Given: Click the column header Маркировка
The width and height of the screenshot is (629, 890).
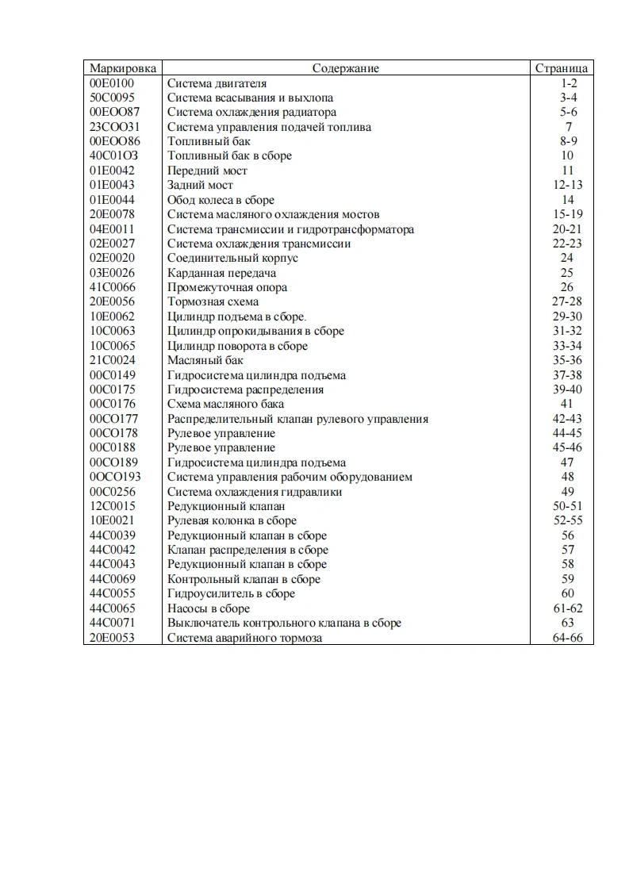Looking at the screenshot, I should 123,68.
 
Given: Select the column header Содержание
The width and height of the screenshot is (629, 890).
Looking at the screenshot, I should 346,68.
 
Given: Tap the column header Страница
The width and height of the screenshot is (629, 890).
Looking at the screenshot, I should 562,68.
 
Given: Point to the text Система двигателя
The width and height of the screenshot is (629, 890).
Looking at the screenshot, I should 217,83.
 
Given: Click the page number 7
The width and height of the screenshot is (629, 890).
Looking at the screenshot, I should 569,127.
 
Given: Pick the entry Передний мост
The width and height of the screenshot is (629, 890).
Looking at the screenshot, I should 207,171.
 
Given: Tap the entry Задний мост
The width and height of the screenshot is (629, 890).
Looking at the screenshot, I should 200,185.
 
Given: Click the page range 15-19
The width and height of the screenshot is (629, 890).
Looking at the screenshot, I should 568,214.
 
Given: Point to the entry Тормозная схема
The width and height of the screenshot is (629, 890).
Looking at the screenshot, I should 213,301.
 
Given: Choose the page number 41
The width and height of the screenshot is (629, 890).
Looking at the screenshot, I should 568,404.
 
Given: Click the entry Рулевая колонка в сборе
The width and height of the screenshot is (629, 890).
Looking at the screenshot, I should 232,520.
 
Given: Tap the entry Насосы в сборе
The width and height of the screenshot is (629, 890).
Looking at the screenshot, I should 208,608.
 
